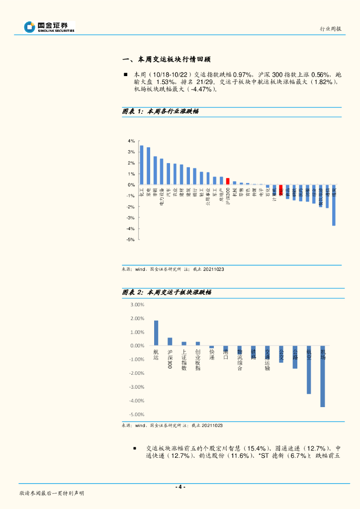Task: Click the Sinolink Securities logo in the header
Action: click(x=50, y=27)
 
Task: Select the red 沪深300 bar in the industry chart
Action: click(x=228, y=181)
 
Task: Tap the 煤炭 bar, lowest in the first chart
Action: click(x=334, y=205)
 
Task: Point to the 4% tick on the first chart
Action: click(x=132, y=141)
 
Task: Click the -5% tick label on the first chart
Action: click(x=131, y=240)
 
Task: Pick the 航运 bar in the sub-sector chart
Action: click(x=156, y=333)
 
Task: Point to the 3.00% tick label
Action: click(x=137, y=305)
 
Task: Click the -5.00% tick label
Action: click(x=137, y=414)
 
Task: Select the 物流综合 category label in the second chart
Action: click(x=240, y=360)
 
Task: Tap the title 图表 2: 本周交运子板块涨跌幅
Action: click(x=167, y=292)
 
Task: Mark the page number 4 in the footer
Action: click(x=181, y=487)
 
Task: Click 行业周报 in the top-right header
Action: click(x=330, y=29)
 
